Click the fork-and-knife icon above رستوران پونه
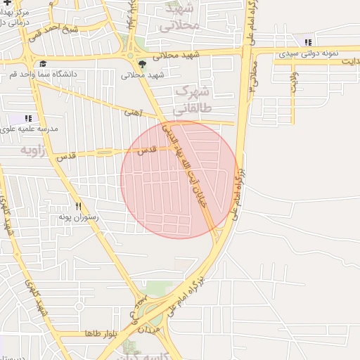(x=79, y=207)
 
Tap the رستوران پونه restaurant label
(x=79, y=218)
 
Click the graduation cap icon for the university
(x=44, y=63)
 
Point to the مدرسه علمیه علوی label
(x=28, y=129)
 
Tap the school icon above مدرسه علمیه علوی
(x=28, y=118)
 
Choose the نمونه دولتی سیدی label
(x=308, y=53)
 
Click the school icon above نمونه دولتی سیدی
(x=307, y=43)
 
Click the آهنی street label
(x=133, y=112)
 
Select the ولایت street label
(x=293, y=80)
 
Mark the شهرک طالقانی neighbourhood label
(x=191, y=101)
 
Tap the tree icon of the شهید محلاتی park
(x=143, y=64)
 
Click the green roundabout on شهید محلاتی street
(x=129, y=55)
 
